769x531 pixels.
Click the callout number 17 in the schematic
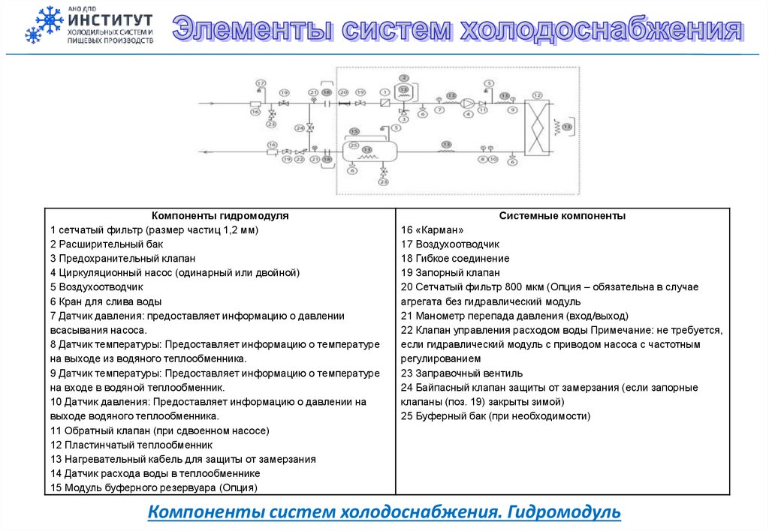click(x=261, y=82)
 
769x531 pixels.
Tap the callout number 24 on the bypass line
click(x=300, y=128)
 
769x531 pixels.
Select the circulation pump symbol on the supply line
click(x=467, y=103)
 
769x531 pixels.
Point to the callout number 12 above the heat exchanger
click(x=536, y=94)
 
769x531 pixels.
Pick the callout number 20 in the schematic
click(x=343, y=91)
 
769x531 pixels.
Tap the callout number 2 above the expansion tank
click(x=403, y=78)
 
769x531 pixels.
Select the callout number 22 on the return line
click(x=299, y=160)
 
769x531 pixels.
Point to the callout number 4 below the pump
click(x=467, y=115)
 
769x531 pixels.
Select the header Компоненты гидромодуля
click(x=220, y=215)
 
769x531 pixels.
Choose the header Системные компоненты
click(x=562, y=215)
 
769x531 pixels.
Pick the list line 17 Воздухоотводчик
click(x=450, y=244)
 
